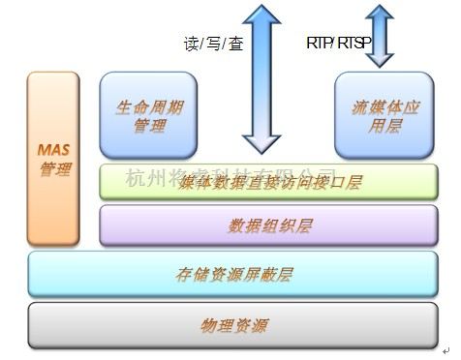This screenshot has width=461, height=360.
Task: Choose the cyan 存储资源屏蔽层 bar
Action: [232, 274]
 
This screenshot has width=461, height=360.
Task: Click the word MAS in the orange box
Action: [55, 151]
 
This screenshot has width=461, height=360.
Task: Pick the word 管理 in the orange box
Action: [55, 169]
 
